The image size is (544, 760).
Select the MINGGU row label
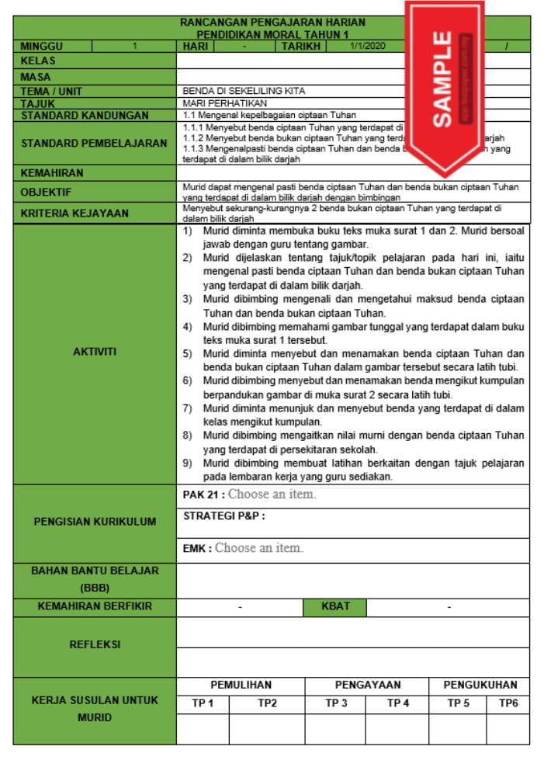point(42,47)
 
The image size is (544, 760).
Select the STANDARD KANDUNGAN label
point(85,115)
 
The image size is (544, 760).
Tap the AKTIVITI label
point(94,352)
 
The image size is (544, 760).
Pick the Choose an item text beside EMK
point(258,548)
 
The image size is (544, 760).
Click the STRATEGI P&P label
point(224,516)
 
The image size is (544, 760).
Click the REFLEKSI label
point(95,644)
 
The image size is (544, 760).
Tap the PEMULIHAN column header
point(241,685)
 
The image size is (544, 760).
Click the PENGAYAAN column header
point(367,685)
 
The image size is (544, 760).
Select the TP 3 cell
point(335,703)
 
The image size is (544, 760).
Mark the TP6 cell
point(508,703)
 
